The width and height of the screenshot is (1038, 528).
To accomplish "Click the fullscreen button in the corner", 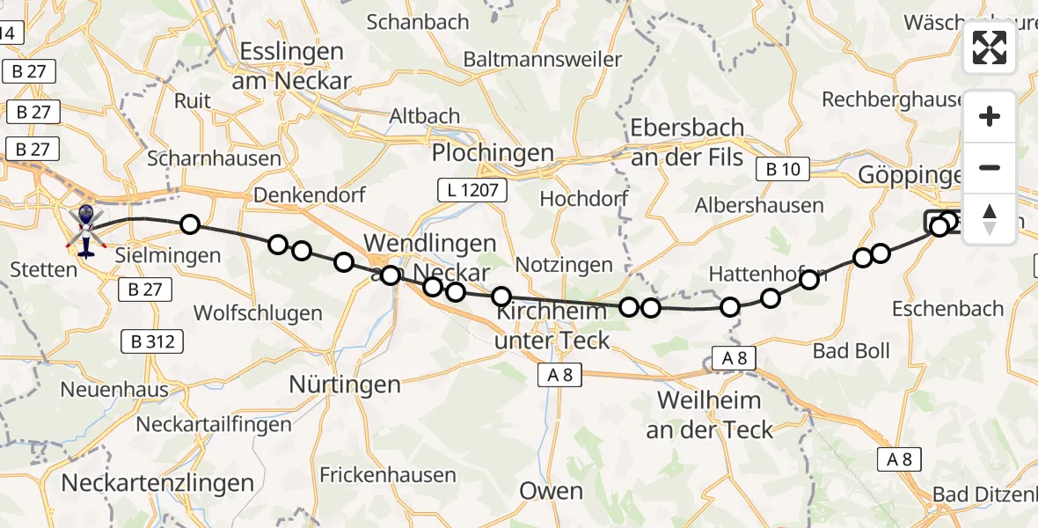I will click(x=990, y=48).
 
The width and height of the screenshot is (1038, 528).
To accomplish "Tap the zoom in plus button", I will click(x=990, y=116).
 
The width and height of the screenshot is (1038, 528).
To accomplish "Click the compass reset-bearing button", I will click(x=990, y=218).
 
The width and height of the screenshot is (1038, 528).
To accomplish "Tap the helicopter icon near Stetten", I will click(x=86, y=230).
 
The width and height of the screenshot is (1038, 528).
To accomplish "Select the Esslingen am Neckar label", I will click(x=290, y=66).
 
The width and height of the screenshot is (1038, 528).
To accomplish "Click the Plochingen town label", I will click(x=493, y=153).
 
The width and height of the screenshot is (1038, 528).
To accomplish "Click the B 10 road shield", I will click(x=782, y=170).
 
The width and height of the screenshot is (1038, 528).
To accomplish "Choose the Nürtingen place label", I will click(x=345, y=385).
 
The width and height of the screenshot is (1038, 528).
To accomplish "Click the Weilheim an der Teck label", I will click(x=709, y=415).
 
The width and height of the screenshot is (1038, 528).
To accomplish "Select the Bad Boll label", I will click(x=851, y=351).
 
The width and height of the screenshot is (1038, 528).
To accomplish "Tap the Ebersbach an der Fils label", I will click(x=688, y=143).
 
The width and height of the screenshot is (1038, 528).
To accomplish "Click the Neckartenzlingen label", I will click(x=157, y=482).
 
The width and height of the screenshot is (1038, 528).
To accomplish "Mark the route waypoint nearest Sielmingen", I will click(x=190, y=224).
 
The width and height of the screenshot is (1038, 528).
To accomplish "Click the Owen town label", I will click(x=551, y=490).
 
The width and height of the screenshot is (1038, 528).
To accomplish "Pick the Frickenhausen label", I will click(x=388, y=475).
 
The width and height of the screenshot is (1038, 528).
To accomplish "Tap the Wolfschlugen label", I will click(x=258, y=313).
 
